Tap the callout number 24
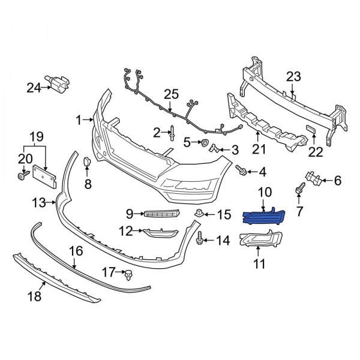[34, 88]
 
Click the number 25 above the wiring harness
[172, 94]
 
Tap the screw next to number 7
[298, 190]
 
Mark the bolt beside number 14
[199, 240]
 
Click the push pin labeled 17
[128, 275]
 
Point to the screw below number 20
[23, 176]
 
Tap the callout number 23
[293, 76]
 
